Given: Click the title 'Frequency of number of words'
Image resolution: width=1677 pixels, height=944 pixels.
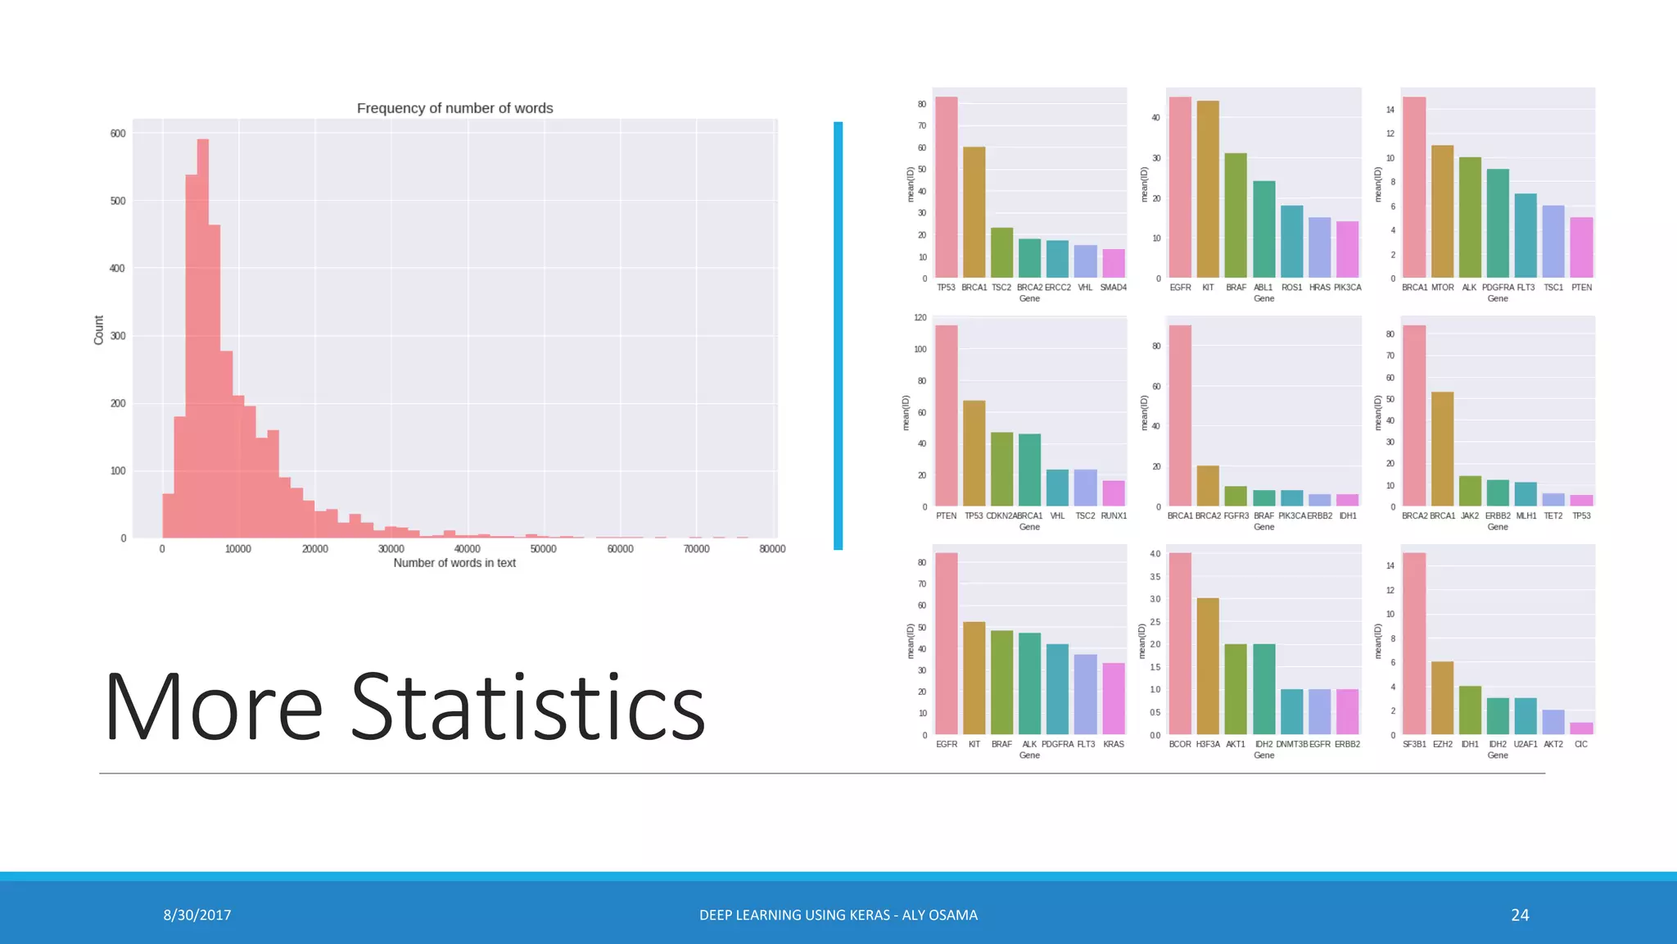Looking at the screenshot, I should pyautogui.click(x=454, y=108).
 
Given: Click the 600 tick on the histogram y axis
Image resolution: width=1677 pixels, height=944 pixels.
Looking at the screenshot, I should pyautogui.click(x=118, y=134).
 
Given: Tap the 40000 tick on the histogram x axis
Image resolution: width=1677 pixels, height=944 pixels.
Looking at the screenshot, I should pyautogui.click(x=467, y=549).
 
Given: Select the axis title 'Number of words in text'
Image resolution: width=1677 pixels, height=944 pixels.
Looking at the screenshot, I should pyautogui.click(x=454, y=563).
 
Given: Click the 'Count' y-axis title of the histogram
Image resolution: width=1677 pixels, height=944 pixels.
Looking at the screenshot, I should pyautogui.click(x=99, y=330).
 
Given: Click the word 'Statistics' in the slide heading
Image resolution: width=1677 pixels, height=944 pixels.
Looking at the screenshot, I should pyautogui.click(x=528, y=707).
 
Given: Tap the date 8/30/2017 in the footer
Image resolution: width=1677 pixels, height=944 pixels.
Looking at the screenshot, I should pyautogui.click(x=197, y=915).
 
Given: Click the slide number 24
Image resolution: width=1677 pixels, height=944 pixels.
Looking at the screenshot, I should pyautogui.click(x=1520, y=915).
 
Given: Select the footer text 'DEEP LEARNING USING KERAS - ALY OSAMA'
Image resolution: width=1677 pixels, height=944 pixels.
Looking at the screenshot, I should pyautogui.click(x=838, y=915).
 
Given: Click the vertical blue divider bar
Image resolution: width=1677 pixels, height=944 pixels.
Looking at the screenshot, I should pyautogui.click(x=838, y=336).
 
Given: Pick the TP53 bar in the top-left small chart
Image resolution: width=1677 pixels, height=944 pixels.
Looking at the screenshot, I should pyautogui.click(x=947, y=188).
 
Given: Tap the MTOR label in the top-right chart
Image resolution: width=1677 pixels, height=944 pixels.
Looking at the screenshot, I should pyautogui.click(x=1442, y=288).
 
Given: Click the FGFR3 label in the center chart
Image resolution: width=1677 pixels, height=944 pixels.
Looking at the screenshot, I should pyautogui.click(x=1236, y=516).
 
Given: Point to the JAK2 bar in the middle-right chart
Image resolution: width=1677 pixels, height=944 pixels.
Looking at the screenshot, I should pyautogui.click(x=1470, y=491).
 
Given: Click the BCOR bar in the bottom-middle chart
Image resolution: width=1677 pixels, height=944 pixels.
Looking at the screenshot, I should pyautogui.click(x=1180, y=644).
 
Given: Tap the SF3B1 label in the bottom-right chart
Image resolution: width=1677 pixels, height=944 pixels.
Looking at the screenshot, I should pyautogui.click(x=1414, y=745).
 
